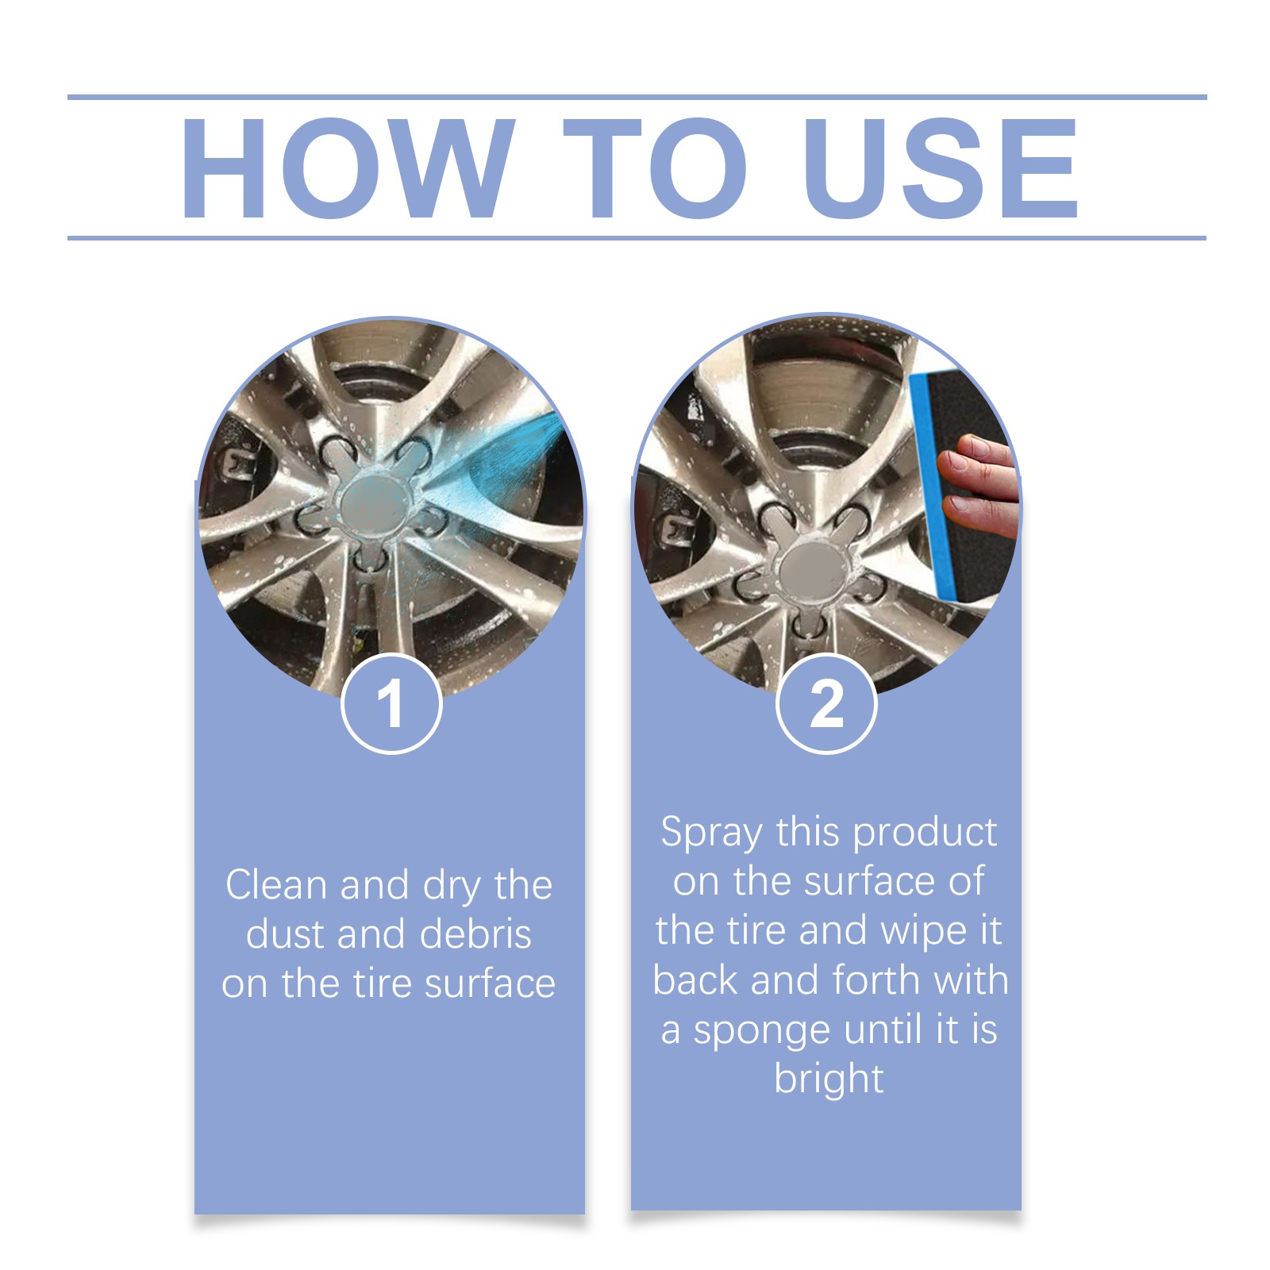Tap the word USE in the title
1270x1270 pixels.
click(x=940, y=168)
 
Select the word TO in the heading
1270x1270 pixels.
click(x=656, y=168)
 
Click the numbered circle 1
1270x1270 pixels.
click(x=391, y=703)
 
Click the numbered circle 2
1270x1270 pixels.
click(x=826, y=703)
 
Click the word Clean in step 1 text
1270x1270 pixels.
click(x=276, y=884)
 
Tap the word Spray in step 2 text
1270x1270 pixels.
click(x=711, y=833)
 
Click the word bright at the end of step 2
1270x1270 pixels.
click(x=828, y=1079)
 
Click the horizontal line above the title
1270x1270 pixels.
click(x=635, y=98)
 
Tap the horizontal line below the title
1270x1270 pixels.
click(x=635, y=237)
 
